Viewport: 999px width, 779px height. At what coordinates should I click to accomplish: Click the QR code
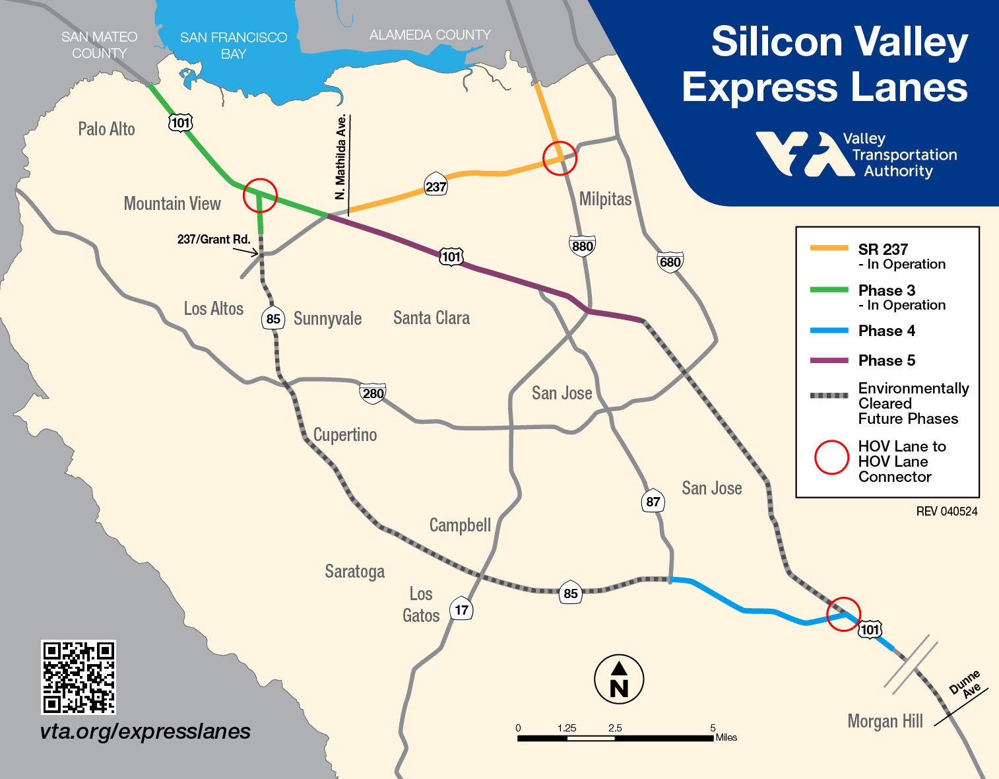(79, 677)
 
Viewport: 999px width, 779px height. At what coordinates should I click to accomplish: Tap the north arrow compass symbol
(619, 679)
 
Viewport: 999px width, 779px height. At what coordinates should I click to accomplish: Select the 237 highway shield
(436, 187)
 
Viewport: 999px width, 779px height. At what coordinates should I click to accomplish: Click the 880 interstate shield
(582, 246)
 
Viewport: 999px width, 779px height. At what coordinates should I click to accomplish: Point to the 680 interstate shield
(670, 262)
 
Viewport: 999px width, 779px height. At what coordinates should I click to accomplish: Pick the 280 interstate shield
(373, 393)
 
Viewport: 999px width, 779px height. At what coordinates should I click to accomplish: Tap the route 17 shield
(461, 609)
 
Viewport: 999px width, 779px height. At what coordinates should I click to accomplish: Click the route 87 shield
(653, 502)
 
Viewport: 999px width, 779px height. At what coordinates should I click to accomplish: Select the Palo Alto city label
(106, 129)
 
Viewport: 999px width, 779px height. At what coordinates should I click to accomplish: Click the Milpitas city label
(605, 199)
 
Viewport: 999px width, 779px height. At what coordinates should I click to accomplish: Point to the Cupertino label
(345, 434)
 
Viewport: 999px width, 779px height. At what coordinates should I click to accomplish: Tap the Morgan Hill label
(885, 721)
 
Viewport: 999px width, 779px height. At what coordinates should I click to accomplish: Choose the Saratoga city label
(354, 571)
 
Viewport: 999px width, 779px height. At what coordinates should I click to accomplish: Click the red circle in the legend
(831, 457)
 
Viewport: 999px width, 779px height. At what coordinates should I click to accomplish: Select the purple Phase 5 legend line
(829, 360)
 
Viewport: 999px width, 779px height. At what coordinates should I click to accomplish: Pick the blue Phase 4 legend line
(829, 331)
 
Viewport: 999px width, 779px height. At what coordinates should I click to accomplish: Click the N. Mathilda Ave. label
(340, 157)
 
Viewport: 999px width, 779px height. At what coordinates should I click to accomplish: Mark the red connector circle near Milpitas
(560, 158)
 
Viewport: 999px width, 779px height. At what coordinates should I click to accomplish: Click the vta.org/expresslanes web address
(145, 731)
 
